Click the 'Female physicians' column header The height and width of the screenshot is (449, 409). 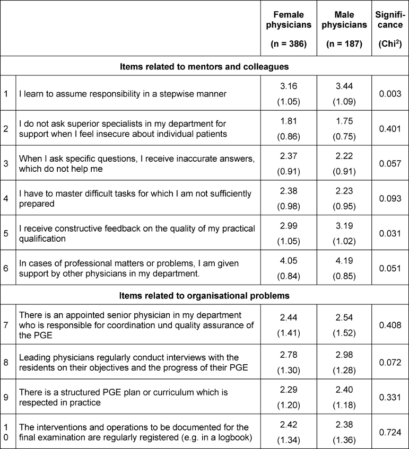[289, 20]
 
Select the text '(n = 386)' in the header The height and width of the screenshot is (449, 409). [289, 44]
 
